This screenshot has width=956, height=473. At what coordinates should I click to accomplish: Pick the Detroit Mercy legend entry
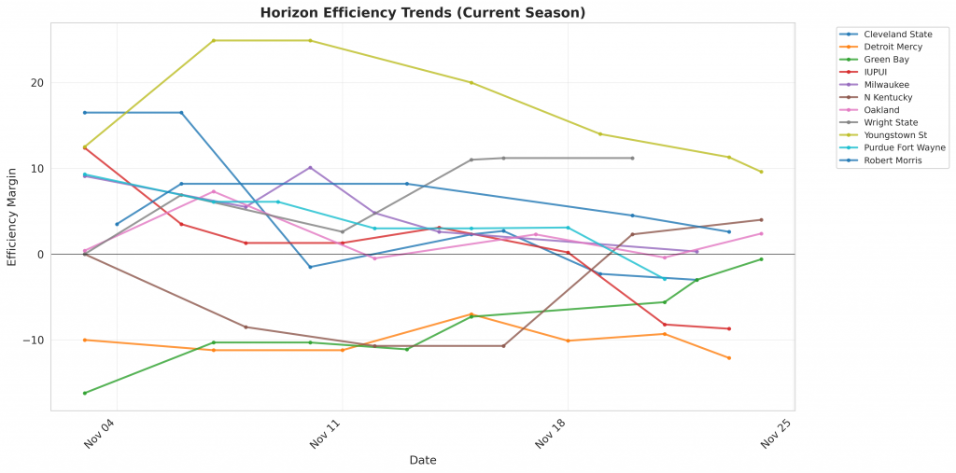893,47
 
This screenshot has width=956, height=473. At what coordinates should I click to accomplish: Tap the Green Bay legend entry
886,60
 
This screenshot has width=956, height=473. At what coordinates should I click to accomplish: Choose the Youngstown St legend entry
895,135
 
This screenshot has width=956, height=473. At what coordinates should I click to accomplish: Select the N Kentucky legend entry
888,97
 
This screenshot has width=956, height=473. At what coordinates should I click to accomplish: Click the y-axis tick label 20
37,83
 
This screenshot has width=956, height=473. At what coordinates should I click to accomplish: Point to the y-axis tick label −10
34,341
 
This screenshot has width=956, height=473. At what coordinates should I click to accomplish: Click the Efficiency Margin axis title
12,216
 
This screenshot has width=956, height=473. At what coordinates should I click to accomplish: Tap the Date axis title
422,460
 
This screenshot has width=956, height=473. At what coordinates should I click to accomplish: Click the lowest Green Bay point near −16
85,393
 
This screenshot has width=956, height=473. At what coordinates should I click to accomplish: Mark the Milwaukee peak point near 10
310,168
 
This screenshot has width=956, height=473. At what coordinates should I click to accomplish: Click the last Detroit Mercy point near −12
729,358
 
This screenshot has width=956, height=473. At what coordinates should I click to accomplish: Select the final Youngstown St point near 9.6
762,172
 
